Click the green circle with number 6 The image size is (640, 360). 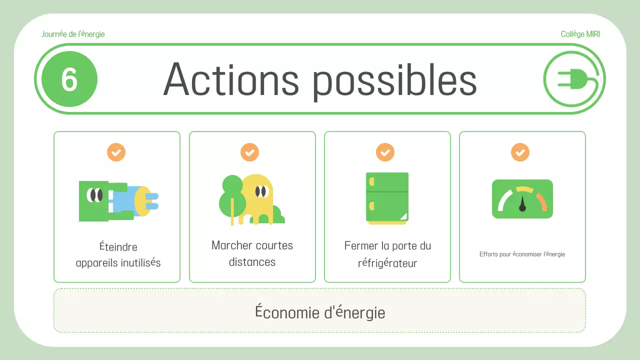pyautogui.click(x=69, y=79)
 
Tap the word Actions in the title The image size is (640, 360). pyautogui.click(x=230, y=79)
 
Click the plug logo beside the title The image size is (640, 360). pyautogui.click(x=574, y=79)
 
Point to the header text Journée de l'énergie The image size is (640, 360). pyautogui.click(x=73, y=34)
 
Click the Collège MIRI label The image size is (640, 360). pyautogui.click(x=580, y=34)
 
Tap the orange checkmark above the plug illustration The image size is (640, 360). pyautogui.click(x=116, y=152)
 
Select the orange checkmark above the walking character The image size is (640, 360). pyautogui.click(x=249, y=152)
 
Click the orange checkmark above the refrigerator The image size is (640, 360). pyautogui.click(x=385, y=152)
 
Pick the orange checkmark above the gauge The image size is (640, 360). pyautogui.click(x=520, y=152)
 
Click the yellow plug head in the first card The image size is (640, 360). pyautogui.click(x=142, y=201)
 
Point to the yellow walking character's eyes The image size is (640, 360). pyautogui.click(x=260, y=191)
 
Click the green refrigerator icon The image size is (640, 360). pyautogui.click(x=387, y=197)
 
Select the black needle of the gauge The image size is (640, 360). pyautogui.click(x=522, y=204)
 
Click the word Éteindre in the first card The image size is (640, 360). pyautogui.click(x=118, y=247)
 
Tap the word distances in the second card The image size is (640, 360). pyautogui.click(x=252, y=262)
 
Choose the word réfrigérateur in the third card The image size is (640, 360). pyautogui.click(x=387, y=263)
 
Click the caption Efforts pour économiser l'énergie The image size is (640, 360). pyautogui.click(x=522, y=254)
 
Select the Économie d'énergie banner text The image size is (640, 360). pyautogui.click(x=320, y=312)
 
